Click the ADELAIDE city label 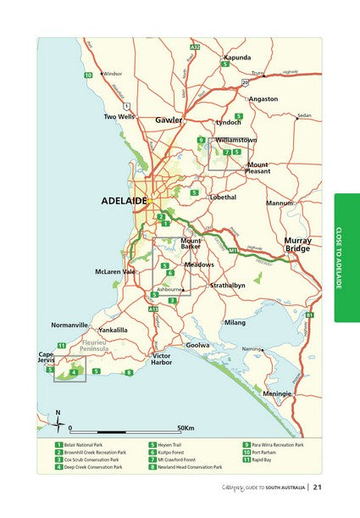(x=124, y=201)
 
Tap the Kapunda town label (x=236, y=57)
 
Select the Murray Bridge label (x=297, y=244)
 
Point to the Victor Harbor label (x=161, y=359)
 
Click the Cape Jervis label (x=47, y=357)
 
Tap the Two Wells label (x=119, y=116)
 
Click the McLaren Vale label (x=115, y=271)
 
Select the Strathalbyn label (x=227, y=286)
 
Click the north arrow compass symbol (x=58, y=419)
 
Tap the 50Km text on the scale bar (x=186, y=428)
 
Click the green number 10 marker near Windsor (x=87, y=76)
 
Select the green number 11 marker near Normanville (x=61, y=345)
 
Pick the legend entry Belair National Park (x=86, y=444)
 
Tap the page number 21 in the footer (x=318, y=487)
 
